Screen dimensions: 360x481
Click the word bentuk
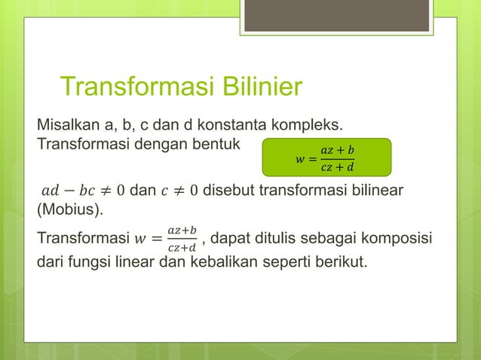(x=210, y=142)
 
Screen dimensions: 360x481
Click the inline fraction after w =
(x=182, y=238)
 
